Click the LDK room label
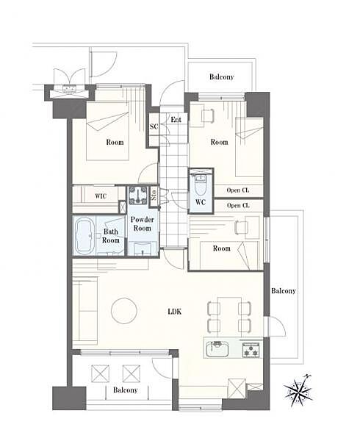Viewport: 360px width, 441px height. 175,312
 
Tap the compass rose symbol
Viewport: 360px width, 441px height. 298,390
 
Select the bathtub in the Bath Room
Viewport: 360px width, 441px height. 84,236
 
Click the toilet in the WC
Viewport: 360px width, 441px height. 200,185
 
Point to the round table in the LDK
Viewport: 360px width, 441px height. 124,311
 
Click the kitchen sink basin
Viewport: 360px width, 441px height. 217,349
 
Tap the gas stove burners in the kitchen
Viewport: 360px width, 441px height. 251,350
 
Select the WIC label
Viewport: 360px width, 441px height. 101,196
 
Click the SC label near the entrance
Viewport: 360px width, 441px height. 154,126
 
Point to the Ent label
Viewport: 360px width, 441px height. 176,120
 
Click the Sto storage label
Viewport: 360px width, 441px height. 154,194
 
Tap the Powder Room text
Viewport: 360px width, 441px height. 143,224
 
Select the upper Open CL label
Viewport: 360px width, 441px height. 238,190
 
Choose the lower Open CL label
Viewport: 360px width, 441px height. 238,206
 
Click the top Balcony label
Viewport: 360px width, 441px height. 221,76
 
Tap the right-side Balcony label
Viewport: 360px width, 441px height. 284,291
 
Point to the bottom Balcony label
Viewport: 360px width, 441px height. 126,390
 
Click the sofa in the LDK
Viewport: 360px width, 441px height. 85,311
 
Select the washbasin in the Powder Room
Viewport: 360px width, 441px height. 143,248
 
